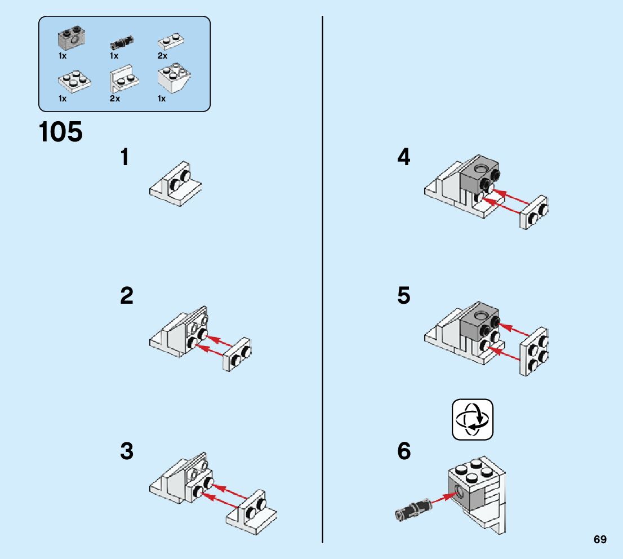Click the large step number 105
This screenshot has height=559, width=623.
click(61, 132)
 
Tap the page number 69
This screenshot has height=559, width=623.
click(600, 539)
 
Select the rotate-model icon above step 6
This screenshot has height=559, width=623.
click(472, 420)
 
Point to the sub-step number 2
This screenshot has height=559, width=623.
click(127, 296)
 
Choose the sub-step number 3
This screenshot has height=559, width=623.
click(127, 451)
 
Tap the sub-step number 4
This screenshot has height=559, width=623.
click(404, 158)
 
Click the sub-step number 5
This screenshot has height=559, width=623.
click(404, 296)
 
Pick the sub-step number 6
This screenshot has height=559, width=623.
click(404, 451)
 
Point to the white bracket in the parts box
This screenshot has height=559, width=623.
click(123, 81)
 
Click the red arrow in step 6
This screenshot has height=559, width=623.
click(442, 498)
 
